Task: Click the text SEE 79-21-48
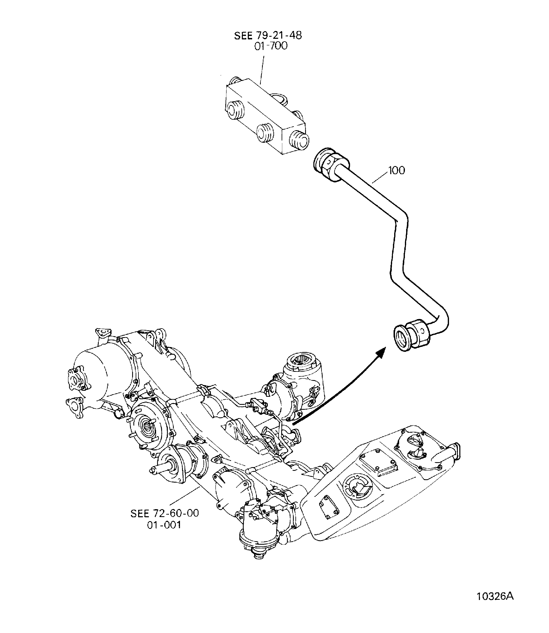click(268, 35)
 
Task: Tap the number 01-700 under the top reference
click(271, 46)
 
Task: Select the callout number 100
click(396, 170)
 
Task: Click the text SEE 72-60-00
click(165, 513)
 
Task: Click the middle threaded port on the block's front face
click(265, 133)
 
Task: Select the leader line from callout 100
click(381, 177)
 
